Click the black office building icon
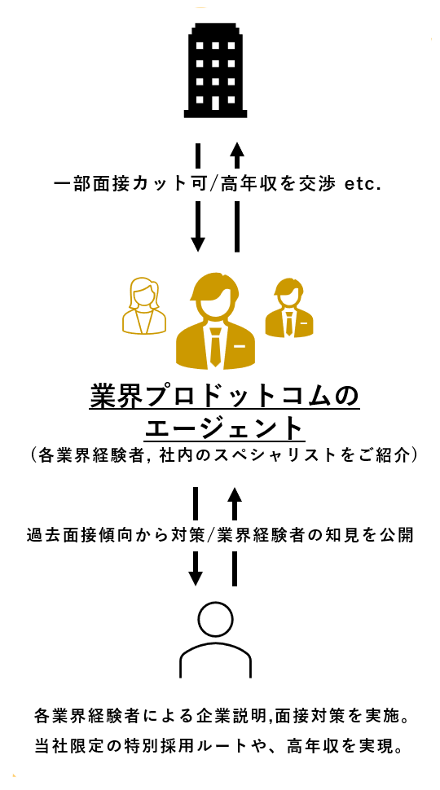pyautogui.click(x=215, y=70)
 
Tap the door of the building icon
pyautogui.click(x=215, y=103)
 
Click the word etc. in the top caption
pyautogui.click(x=362, y=184)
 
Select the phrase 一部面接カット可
pyautogui.click(x=130, y=184)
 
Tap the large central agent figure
pyautogui.click(x=215, y=321)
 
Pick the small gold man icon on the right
pyautogui.click(x=288, y=308)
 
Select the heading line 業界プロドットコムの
pyautogui.click(x=224, y=397)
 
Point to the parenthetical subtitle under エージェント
pyautogui.click(x=224, y=455)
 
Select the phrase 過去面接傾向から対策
pyautogui.click(x=117, y=536)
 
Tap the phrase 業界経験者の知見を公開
pyautogui.click(x=315, y=536)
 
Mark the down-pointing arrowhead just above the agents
pyautogui.click(x=198, y=244)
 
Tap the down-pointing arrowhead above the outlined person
pyautogui.click(x=195, y=578)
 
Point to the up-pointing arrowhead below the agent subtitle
pyautogui.click(x=234, y=496)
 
